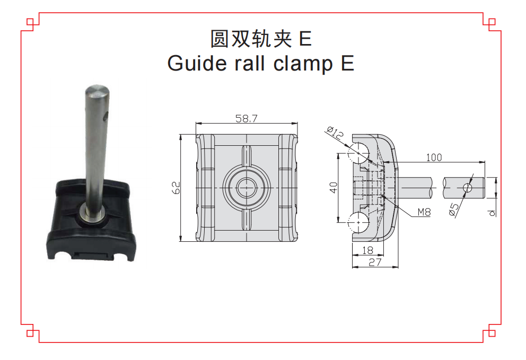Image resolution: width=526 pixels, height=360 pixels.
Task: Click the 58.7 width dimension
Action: click(246, 118)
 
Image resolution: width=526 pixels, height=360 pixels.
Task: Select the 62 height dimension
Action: click(176, 188)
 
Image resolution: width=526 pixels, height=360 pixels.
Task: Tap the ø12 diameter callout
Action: click(335, 133)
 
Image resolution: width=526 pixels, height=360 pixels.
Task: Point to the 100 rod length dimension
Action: click(434, 157)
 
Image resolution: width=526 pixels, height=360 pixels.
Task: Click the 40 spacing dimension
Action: click(334, 188)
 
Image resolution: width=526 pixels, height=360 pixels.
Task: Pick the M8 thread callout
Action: click(424, 212)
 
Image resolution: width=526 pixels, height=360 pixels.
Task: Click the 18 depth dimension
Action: click(367, 250)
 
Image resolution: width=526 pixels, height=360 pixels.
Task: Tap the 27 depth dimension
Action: click(375, 262)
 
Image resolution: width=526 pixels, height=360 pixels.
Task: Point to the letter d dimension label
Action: click(492, 213)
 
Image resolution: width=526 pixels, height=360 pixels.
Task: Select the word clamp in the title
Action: click(303, 64)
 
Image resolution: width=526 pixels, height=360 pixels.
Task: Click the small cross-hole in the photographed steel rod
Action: click(105, 117)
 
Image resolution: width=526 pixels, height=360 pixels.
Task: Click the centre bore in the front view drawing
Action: click(247, 188)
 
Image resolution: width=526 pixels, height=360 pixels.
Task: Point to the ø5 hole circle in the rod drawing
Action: click(468, 188)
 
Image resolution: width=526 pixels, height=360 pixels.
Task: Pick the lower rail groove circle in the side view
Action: click(358, 223)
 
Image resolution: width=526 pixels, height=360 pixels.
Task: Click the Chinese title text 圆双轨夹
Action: click(251, 39)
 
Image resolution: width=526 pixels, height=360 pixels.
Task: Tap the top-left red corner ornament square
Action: click(30, 22)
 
